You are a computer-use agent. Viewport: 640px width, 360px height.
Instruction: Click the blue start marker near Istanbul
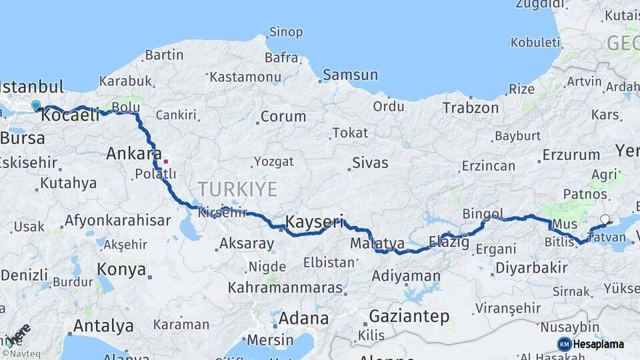tap(36, 105)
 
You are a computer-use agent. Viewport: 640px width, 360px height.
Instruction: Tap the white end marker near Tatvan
tap(605, 219)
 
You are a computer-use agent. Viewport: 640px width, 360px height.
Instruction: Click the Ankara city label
tap(133, 154)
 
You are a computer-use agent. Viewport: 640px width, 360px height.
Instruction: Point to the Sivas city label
tap(370, 162)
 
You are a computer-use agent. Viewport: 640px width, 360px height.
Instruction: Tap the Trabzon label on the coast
tap(470, 108)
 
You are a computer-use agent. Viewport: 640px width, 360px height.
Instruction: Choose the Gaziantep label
tap(409, 316)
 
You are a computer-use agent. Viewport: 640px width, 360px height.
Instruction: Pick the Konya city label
tap(121, 269)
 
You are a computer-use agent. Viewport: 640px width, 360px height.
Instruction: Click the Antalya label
tap(103, 326)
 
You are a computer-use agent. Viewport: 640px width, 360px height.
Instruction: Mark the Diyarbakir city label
tap(531, 268)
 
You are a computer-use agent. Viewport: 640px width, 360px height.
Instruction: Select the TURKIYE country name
tap(237, 189)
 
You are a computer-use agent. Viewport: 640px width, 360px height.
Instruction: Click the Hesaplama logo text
tap(599, 344)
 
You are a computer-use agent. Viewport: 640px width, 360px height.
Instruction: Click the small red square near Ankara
tap(166, 161)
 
